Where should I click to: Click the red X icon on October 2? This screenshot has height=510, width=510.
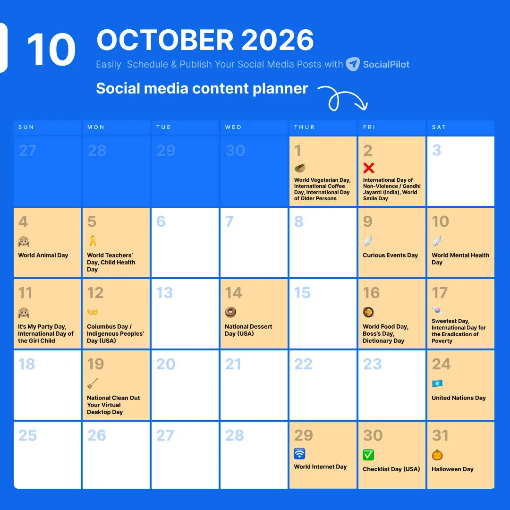(369, 168)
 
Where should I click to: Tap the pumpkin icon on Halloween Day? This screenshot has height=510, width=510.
(437, 455)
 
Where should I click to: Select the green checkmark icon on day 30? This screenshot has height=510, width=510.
(368, 455)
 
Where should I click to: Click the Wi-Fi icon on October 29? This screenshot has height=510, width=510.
(299, 454)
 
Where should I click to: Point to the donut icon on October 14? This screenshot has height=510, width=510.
(230, 312)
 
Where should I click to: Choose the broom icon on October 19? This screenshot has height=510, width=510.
(93, 383)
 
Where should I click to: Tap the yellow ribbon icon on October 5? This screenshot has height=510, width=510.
(93, 241)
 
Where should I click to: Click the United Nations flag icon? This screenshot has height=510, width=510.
(437, 383)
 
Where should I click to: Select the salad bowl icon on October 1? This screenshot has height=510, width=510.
(300, 168)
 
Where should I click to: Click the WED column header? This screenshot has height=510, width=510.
(233, 127)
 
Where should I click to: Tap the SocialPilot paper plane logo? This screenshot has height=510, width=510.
(353, 64)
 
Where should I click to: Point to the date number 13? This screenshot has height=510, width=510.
(164, 293)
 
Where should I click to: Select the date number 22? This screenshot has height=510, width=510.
(303, 364)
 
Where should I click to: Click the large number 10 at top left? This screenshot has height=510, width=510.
(51, 50)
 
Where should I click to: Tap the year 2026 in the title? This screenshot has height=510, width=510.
(278, 41)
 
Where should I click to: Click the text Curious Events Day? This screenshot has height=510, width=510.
(390, 255)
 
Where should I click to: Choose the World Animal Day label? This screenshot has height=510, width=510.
(43, 255)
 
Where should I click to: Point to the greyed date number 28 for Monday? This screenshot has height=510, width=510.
(97, 151)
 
